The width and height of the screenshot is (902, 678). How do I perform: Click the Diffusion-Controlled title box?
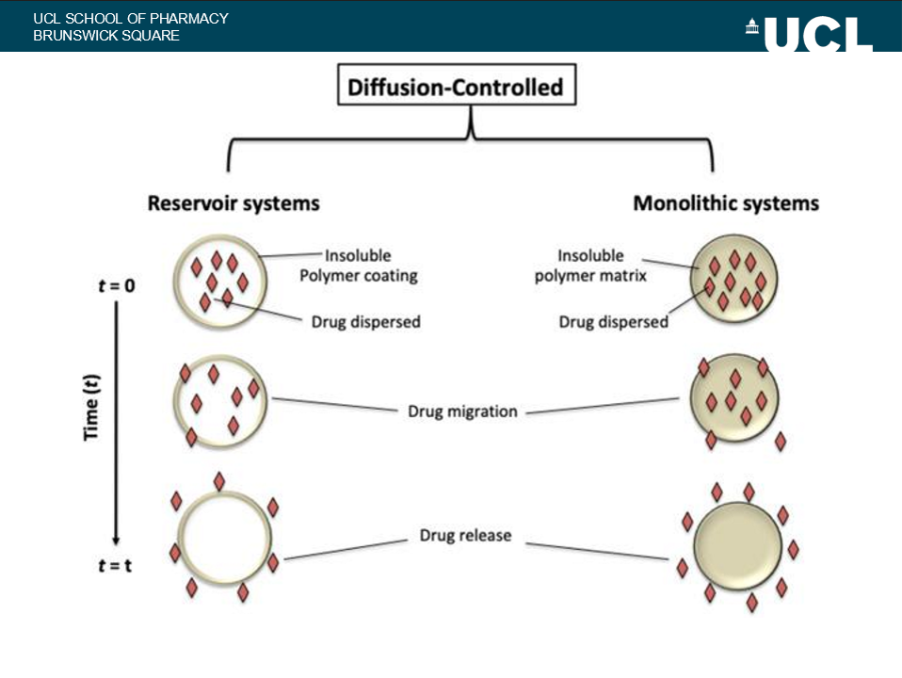point(456,89)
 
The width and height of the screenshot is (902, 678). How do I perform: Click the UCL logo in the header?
point(811,36)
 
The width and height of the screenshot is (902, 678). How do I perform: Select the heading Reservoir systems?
point(234,203)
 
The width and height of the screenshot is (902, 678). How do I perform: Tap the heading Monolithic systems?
point(725,203)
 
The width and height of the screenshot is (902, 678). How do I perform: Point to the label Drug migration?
point(462,412)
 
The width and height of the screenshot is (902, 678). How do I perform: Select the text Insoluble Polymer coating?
point(358,266)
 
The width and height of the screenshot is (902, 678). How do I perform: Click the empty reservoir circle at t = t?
point(223,540)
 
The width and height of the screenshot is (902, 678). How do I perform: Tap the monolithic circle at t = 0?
point(734,281)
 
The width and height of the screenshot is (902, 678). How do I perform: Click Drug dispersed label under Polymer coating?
point(365,322)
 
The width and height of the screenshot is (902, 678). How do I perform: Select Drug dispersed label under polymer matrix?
point(613,322)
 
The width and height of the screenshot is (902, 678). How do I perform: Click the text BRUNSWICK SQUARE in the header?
point(105,36)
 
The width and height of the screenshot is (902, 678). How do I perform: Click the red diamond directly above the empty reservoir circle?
point(219,481)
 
